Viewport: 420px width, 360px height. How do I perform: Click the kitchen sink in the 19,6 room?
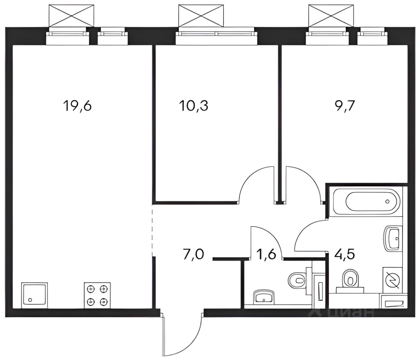[x=34, y=296]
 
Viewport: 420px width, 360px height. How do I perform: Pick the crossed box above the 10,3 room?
[x=200, y=15]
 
